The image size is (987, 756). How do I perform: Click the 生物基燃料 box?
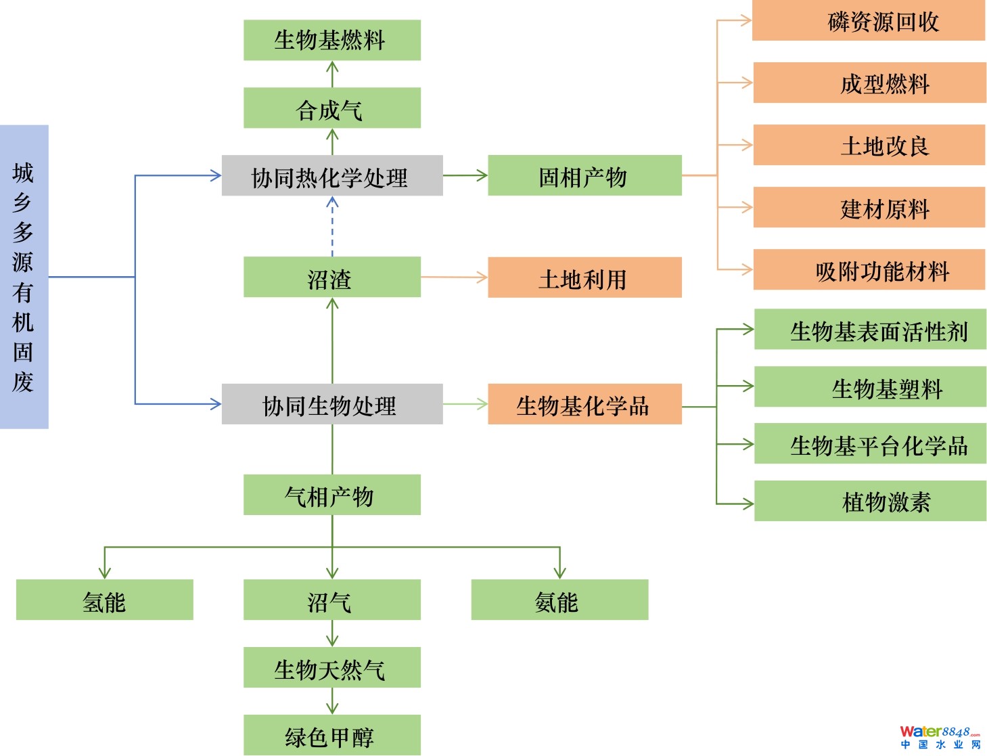pyautogui.click(x=331, y=40)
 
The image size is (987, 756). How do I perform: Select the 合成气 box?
pyautogui.click(x=331, y=108)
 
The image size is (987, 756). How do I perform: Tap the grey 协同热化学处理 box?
pyautogui.click(x=331, y=176)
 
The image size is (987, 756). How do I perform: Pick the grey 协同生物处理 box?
pyautogui.click(x=331, y=404)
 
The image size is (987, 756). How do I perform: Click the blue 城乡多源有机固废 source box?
pyautogui.click(x=24, y=276)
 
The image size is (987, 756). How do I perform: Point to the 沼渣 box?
pyautogui.click(x=331, y=277)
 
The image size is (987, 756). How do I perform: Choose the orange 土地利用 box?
pyautogui.click(x=584, y=277)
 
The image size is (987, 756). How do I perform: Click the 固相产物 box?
pyautogui.click(x=584, y=175)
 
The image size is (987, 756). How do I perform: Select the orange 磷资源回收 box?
pyautogui.click(x=868, y=21)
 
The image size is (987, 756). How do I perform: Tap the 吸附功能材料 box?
pyautogui.click(x=869, y=270)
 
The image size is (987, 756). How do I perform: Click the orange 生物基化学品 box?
pyautogui.click(x=584, y=404)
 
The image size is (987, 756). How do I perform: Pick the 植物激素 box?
pyautogui.click(x=869, y=501)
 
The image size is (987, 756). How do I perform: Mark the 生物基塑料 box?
pyautogui.click(x=869, y=387)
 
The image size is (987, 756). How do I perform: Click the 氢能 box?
pyautogui.click(x=104, y=600)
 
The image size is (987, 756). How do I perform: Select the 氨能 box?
pyautogui.click(x=559, y=600)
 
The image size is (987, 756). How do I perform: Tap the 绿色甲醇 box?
pyautogui.click(x=331, y=735)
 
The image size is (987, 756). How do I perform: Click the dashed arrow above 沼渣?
pyautogui.click(x=332, y=227)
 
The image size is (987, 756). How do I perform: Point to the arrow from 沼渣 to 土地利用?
pyautogui.click(x=453, y=277)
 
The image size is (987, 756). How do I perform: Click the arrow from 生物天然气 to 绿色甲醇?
pyautogui.click(x=332, y=701)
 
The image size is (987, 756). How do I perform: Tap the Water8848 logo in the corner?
pyautogui.click(x=939, y=736)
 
